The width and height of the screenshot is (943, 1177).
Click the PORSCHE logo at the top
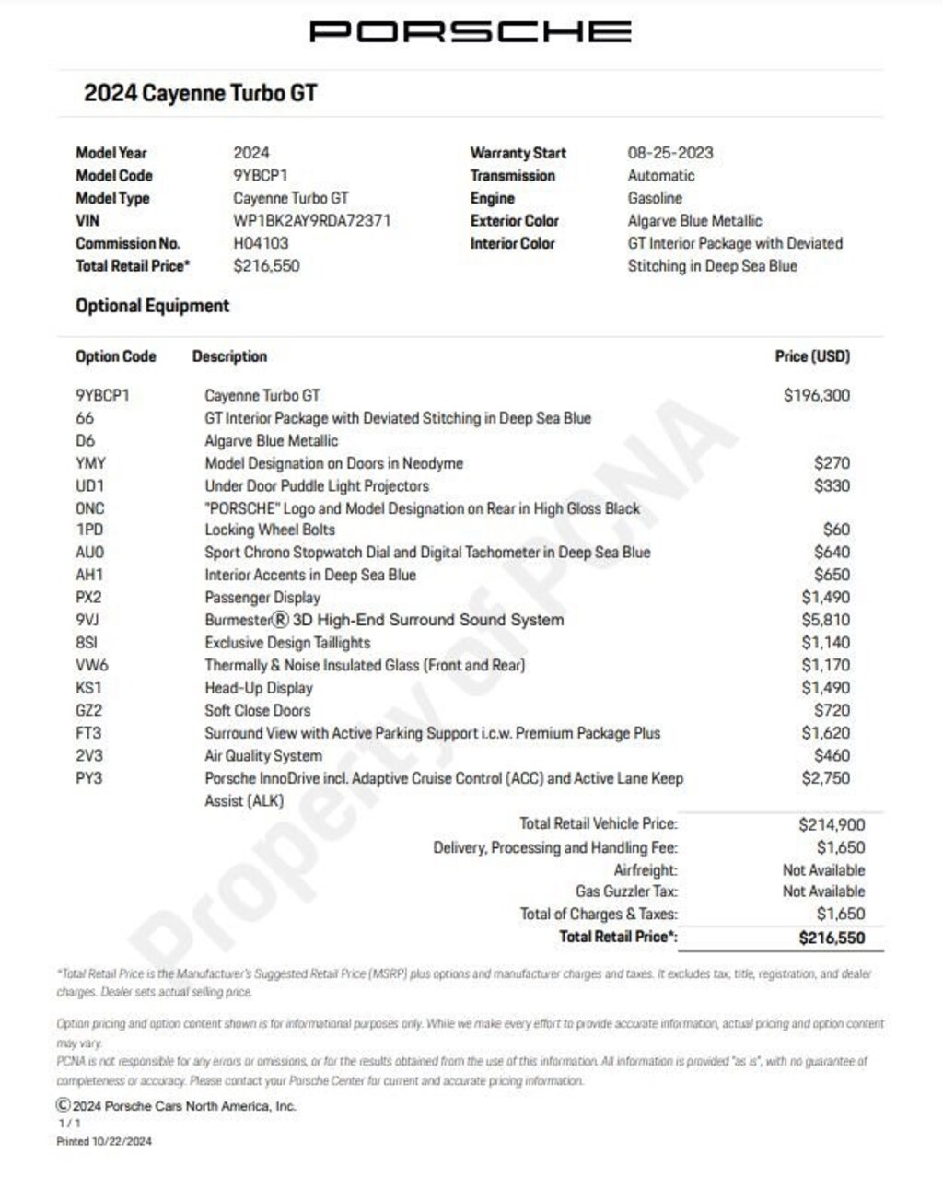click(x=471, y=31)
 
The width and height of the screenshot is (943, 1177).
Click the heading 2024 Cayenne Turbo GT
click(x=201, y=93)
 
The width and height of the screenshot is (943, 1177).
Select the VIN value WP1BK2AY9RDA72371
click(x=312, y=221)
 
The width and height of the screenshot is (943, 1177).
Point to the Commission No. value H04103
click(x=261, y=243)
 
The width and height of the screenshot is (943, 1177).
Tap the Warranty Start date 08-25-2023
click(x=670, y=153)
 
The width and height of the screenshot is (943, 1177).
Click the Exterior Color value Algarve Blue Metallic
click(x=694, y=221)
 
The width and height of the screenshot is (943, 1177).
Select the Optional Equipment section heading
click(x=153, y=306)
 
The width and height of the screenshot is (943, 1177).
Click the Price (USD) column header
click(x=812, y=356)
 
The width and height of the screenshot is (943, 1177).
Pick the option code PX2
click(x=88, y=598)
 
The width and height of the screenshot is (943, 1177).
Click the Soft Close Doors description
click(x=258, y=710)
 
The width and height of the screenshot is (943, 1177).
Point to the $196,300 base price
click(x=817, y=395)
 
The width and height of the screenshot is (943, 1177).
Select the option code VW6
click(x=91, y=665)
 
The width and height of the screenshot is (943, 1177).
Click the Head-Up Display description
click(x=259, y=688)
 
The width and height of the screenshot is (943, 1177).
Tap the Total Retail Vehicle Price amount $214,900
click(x=832, y=824)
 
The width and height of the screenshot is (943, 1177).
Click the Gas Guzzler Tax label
click(x=626, y=891)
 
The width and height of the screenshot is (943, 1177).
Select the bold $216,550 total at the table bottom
click(x=832, y=938)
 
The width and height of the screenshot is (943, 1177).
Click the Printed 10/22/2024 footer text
click(x=104, y=1141)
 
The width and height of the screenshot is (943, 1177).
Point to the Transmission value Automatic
click(x=661, y=176)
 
